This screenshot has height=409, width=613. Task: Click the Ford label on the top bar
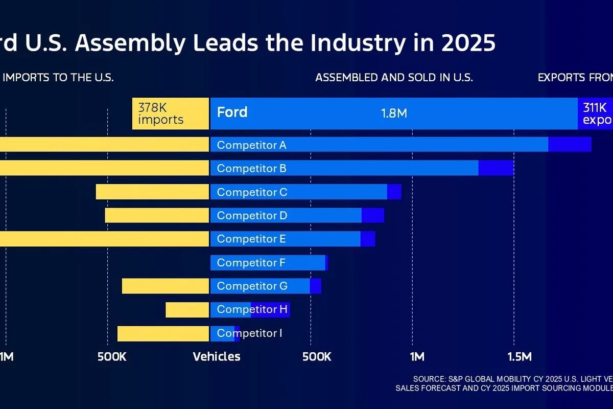[x=232, y=112]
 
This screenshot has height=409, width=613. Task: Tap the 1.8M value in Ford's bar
[x=394, y=113]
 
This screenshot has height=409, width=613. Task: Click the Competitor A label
[x=251, y=145]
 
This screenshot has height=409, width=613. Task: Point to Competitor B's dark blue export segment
[x=496, y=168]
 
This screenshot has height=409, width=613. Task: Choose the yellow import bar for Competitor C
[x=153, y=192]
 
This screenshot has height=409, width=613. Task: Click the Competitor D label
[x=252, y=215]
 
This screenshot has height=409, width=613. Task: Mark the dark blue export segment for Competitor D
[x=373, y=215]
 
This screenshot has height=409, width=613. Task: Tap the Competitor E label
[x=251, y=239]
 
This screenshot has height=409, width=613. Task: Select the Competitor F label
[x=251, y=262]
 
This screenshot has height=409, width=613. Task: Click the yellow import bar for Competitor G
[x=166, y=286]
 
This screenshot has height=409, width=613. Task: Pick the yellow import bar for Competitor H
[x=187, y=309]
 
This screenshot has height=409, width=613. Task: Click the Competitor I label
[x=249, y=333]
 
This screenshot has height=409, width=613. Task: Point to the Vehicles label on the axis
[x=217, y=357]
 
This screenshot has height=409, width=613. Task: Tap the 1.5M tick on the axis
[x=520, y=357]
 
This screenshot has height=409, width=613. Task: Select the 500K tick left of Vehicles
[x=112, y=357]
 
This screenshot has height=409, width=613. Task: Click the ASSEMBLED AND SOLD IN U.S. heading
[x=394, y=78]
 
